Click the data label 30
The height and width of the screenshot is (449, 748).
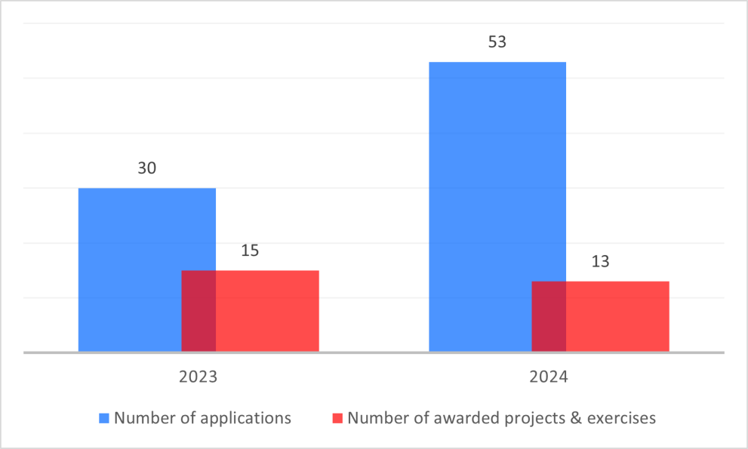click(146, 168)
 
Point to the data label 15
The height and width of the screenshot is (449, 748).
click(250, 250)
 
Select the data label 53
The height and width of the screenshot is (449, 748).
click(497, 42)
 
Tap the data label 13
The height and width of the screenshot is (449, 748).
click(600, 261)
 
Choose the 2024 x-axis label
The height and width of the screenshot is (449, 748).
click(549, 376)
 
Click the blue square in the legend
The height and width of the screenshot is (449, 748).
click(104, 417)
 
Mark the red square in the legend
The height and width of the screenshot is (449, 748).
click(338, 417)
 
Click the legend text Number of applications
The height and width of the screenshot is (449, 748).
click(202, 417)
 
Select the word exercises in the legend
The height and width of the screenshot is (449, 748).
click(624, 417)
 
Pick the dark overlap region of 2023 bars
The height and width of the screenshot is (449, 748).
click(199, 311)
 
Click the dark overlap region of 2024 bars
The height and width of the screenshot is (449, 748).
click(549, 316)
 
